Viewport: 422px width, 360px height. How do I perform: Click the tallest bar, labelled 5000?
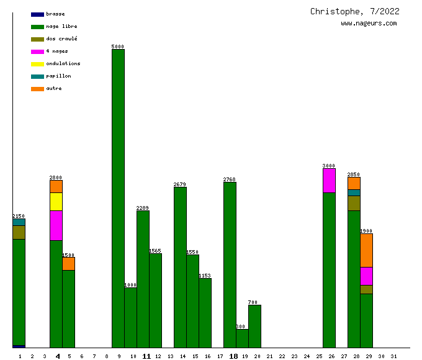pos(118,199)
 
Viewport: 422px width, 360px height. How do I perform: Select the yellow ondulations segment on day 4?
pos(56,202)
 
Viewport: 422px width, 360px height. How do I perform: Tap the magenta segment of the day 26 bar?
pos(329,181)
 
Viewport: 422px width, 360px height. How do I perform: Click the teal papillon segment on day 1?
pos(19,222)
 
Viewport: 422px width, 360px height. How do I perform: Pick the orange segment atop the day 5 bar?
pos(68,264)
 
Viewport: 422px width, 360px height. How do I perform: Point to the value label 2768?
pos(230,179)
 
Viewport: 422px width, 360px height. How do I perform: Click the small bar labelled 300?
pos(242,338)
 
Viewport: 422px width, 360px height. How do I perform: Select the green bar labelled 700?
pos(254,326)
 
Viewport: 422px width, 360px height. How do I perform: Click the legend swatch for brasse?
pos(37,14)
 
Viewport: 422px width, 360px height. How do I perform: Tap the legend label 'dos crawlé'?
pos(61,38)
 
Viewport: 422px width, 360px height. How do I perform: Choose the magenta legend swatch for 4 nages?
pos(37,52)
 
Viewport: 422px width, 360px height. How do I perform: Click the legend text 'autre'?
pos(54,88)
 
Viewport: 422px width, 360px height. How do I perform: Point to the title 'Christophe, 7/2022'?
pos(355,11)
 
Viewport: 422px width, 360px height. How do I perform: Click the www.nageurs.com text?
pos(369,24)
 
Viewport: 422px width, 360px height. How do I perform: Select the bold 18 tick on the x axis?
pos(233,356)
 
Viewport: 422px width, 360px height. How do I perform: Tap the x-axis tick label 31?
pos(393,356)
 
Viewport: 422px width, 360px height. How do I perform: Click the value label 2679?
pos(180,184)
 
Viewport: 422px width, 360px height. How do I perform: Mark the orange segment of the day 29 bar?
pos(366,250)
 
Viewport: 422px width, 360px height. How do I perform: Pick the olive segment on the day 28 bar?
pos(354,203)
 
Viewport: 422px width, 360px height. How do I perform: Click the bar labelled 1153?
pos(205,313)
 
